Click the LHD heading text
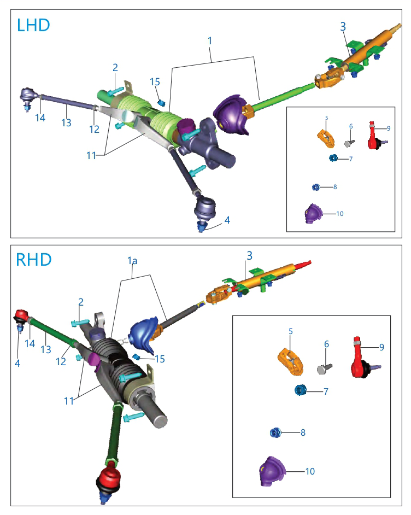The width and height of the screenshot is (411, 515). tap(33, 25)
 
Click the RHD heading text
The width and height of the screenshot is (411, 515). tap(34, 260)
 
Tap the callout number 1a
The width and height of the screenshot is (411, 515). tap(132, 261)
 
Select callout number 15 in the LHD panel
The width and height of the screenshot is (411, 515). tap(155, 82)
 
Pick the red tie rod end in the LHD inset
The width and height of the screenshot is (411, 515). tap(375, 136)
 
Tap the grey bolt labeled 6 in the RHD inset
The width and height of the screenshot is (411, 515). tap(324, 368)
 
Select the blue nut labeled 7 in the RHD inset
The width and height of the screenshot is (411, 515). tap(301, 390)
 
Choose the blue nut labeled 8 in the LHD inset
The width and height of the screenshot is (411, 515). tap(315, 187)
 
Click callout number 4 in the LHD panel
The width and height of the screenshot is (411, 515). tap(227, 220)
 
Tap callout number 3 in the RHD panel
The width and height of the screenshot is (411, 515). tap(249, 255)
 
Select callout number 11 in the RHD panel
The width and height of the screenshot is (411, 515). tap(69, 401)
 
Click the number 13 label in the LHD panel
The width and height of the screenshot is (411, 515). tap(66, 122)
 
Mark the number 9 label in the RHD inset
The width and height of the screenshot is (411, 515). tap(381, 347)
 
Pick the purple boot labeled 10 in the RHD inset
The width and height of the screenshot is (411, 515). tap(272, 471)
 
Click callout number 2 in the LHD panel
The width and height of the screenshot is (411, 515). tap(115, 67)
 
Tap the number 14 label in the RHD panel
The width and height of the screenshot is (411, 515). tap(30, 343)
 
